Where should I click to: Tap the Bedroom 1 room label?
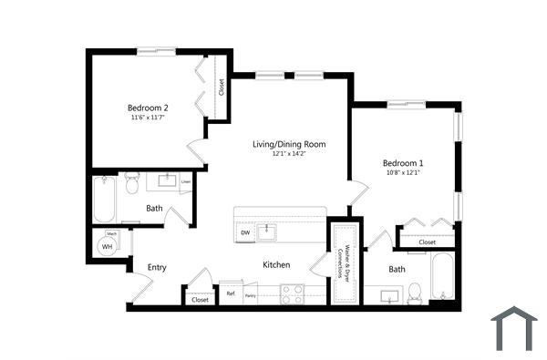[x=402, y=162]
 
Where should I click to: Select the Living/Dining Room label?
[x=289, y=144]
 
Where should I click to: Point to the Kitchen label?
[x=276, y=264]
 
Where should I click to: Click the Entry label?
[x=157, y=267]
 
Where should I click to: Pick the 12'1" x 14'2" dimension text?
[x=289, y=154]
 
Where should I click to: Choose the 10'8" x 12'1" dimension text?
[x=402, y=172]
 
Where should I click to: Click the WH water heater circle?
[x=108, y=246]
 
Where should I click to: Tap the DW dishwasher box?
[x=245, y=233]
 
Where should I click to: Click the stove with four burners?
[x=293, y=294]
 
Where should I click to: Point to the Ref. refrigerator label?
[x=231, y=294]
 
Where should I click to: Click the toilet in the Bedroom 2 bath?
[x=131, y=185]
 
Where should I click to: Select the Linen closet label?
[x=186, y=181]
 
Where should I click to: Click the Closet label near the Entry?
[x=200, y=299]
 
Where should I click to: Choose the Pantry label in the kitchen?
[x=250, y=295]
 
